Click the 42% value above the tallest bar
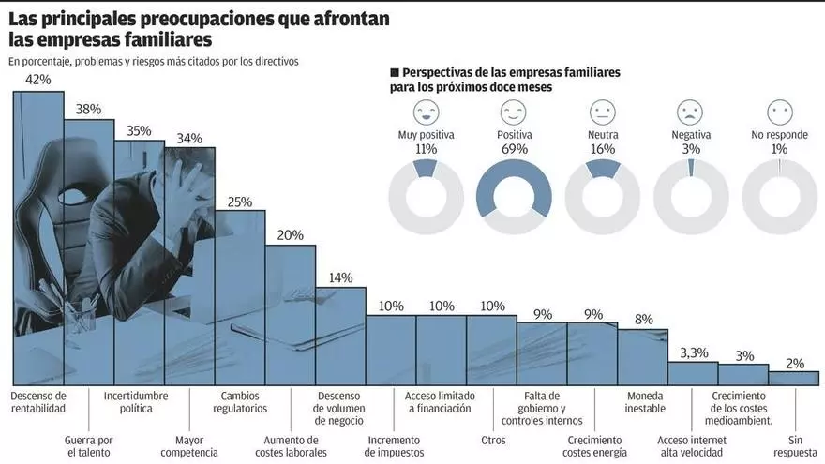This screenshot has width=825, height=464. click(38, 81)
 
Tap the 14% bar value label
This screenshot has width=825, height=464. click(341, 277)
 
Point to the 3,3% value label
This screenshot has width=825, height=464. click(694, 352)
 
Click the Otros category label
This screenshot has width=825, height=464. click(493, 440)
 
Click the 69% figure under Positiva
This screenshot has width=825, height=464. click(514, 149)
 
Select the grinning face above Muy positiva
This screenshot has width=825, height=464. click(427, 113)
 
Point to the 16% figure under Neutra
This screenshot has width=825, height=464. click(602, 149)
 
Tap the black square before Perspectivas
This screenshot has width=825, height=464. click(395, 72)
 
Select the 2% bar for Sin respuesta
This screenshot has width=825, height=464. click(793, 378)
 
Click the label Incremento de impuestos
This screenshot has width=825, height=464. click(392, 446)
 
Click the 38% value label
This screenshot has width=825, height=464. click(89, 109)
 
